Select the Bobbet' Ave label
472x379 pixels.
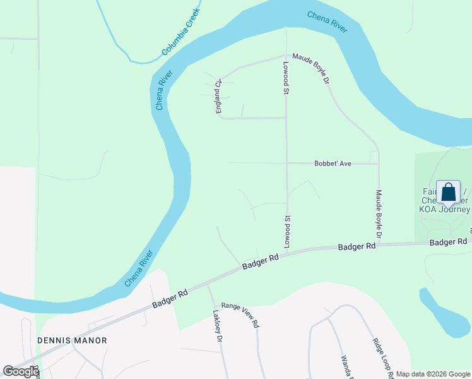(333, 163)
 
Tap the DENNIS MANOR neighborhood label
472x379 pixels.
(72, 340)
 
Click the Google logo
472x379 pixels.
(21, 371)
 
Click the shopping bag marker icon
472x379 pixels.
(448, 192)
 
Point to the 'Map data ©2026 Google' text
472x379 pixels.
(433, 374)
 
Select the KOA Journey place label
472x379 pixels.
(445, 209)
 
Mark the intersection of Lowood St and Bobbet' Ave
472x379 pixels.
(287, 163)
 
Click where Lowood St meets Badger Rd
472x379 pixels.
(287, 251)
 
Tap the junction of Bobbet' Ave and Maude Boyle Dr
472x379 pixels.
(379, 163)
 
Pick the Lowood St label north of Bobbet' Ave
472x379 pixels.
(286, 78)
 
